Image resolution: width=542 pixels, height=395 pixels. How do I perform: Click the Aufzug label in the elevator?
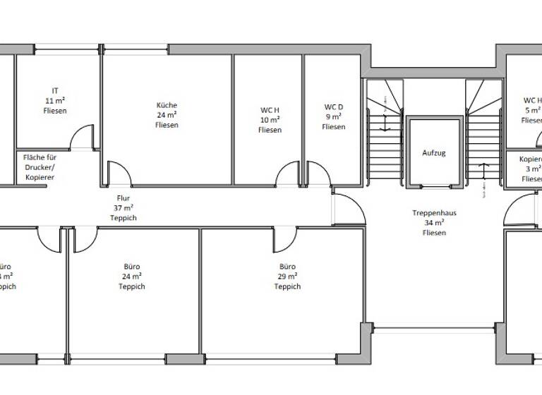coord(434,152)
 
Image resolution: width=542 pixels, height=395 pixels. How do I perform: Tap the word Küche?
coord(167,105)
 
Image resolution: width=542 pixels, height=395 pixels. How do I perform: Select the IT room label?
coord(55,90)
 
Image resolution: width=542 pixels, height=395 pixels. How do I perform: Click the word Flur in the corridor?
coord(124,198)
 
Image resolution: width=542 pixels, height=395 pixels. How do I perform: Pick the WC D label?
coord(334,107)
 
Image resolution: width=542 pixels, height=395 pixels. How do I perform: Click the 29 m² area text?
coord(287,276)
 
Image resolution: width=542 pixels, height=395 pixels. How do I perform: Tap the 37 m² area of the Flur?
coord(124,208)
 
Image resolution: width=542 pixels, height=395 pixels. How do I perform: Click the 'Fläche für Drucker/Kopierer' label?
coord(40,167)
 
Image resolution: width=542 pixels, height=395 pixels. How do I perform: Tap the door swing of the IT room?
coord(83,136)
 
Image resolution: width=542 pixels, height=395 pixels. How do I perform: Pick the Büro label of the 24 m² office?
coord(132,267)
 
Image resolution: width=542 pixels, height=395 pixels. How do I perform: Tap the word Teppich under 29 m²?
coord(287,286)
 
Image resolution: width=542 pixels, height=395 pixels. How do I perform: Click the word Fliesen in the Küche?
coord(167,125)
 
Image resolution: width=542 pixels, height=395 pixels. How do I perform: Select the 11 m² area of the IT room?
coord(55,100)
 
